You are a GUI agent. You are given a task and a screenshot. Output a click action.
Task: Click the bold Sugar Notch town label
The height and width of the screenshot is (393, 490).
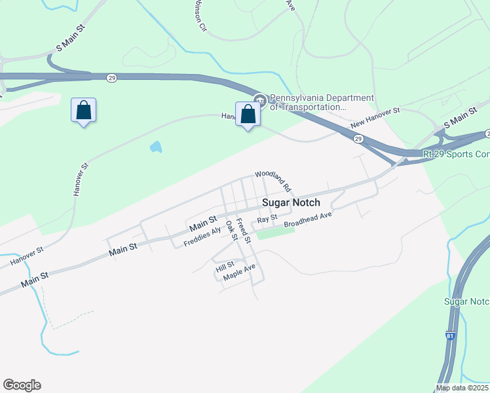(x=291, y=203)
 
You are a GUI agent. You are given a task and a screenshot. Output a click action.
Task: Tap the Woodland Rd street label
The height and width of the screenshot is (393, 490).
(x=273, y=179)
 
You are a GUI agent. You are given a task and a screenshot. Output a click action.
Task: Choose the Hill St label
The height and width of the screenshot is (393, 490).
(x=225, y=265)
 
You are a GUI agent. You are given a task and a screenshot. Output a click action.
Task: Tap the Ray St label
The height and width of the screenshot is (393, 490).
(x=268, y=219)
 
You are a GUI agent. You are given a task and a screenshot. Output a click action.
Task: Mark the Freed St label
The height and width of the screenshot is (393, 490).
(x=243, y=231)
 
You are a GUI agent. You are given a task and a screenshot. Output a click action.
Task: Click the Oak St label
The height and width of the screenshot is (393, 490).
(x=231, y=231)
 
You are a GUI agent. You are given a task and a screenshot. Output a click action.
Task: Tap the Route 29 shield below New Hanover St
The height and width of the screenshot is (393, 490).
(x=358, y=139)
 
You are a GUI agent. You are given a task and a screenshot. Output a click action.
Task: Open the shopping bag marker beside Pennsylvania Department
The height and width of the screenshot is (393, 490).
(x=248, y=115)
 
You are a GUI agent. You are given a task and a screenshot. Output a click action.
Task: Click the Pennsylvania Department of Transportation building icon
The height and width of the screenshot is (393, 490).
(x=259, y=100)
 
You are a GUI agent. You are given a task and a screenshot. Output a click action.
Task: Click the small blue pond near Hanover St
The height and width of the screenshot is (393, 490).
(x=155, y=147)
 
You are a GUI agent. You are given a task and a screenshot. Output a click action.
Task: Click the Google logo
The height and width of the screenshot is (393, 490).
(x=22, y=385)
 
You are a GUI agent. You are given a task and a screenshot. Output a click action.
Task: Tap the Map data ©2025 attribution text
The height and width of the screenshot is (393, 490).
(x=462, y=388)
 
